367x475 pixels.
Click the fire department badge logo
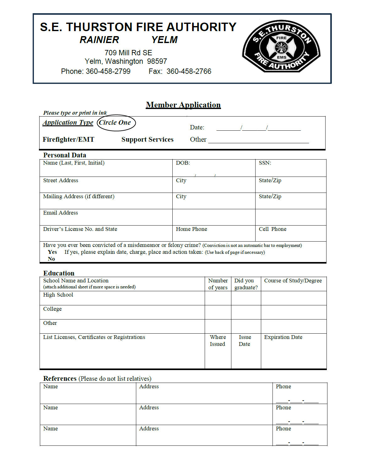point(281,47)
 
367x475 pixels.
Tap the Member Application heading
point(183,105)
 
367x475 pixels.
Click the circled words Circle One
point(115,123)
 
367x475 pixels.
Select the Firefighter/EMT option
point(68,139)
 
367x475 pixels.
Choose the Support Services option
point(147,139)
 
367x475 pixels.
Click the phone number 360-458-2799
point(108,71)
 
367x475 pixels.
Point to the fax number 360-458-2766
point(189,71)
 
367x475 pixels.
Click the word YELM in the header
point(164,40)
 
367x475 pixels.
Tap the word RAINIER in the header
point(99,40)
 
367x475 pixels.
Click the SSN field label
point(265,163)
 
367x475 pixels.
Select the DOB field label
point(183,163)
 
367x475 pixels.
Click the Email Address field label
point(61,213)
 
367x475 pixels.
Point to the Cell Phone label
point(273,229)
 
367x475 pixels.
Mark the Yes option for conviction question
point(52,252)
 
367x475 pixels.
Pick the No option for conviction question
point(51,259)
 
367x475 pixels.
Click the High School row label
point(58,295)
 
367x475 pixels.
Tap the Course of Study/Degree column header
point(293,281)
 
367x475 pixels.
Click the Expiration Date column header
point(283,337)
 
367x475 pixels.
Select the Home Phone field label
point(192,229)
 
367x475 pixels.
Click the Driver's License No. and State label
point(80,229)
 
